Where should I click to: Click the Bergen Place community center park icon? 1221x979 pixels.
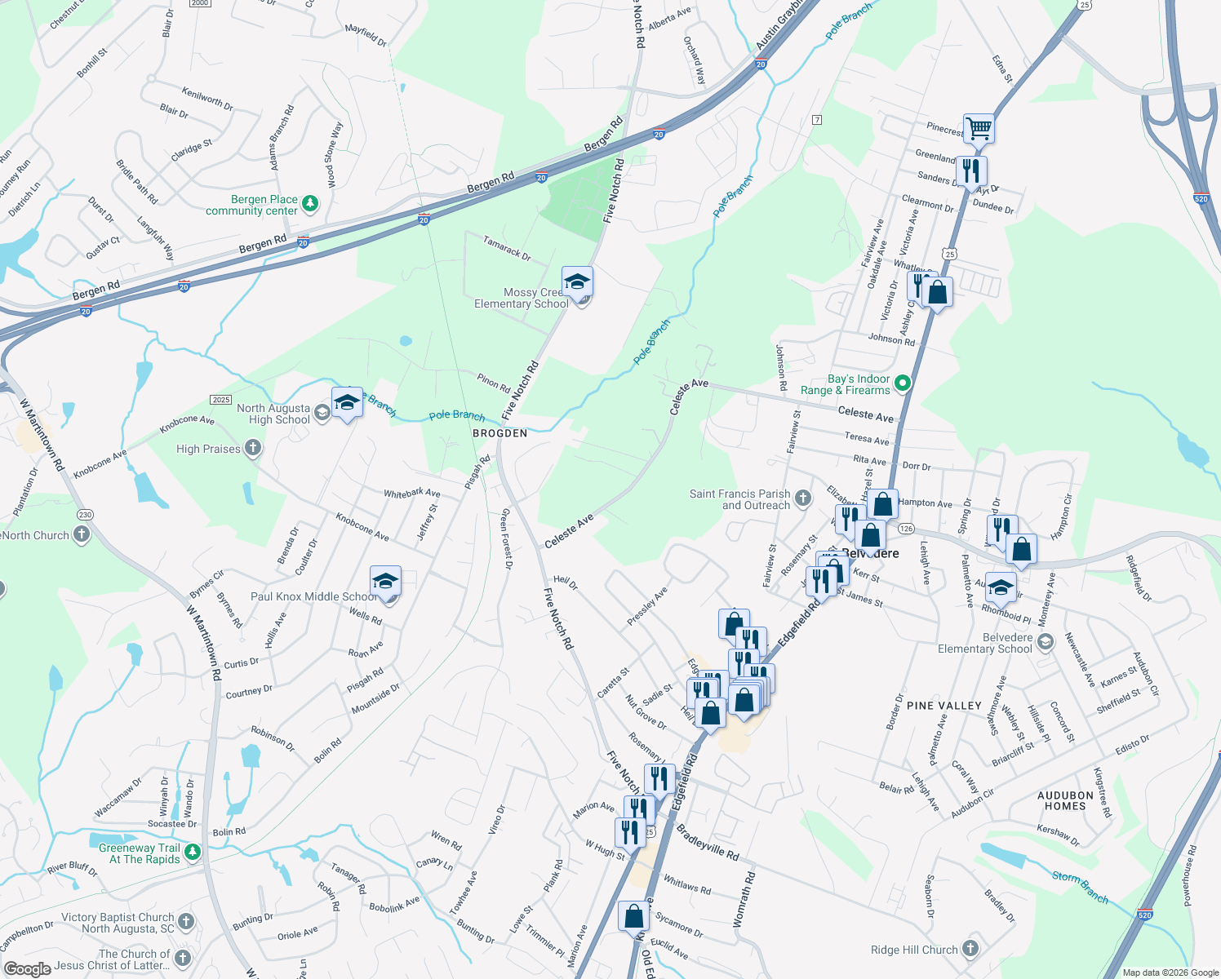(x=310, y=204)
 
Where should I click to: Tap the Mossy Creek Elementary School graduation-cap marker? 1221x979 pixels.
(x=577, y=283)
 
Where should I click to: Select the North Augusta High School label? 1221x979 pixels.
(x=273, y=414)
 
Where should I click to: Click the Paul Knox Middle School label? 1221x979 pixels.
(x=313, y=596)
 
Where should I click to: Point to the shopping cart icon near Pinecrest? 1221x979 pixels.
(x=979, y=128)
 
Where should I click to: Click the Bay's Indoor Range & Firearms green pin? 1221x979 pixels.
(x=902, y=383)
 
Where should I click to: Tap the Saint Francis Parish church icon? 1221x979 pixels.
(x=803, y=498)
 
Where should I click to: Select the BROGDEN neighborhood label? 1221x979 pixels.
(x=500, y=433)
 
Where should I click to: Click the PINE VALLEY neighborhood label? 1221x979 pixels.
(x=944, y=706)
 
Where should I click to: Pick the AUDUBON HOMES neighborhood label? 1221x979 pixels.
(x=1066, y=800)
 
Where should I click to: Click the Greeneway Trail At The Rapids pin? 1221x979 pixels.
(x=192, y=853)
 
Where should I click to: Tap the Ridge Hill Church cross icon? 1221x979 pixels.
(x=970, y=948)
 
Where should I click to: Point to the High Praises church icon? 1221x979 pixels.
(x=253, y=448)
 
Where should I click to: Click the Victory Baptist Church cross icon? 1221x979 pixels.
(x=186, y=922)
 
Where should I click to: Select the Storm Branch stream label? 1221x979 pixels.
(x=1080, y=887)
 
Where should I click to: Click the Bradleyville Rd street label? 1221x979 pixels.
(x=708, y=843)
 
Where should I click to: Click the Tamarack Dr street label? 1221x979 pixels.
(x=507, y=248)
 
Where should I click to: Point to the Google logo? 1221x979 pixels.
(x=27, y=968)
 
